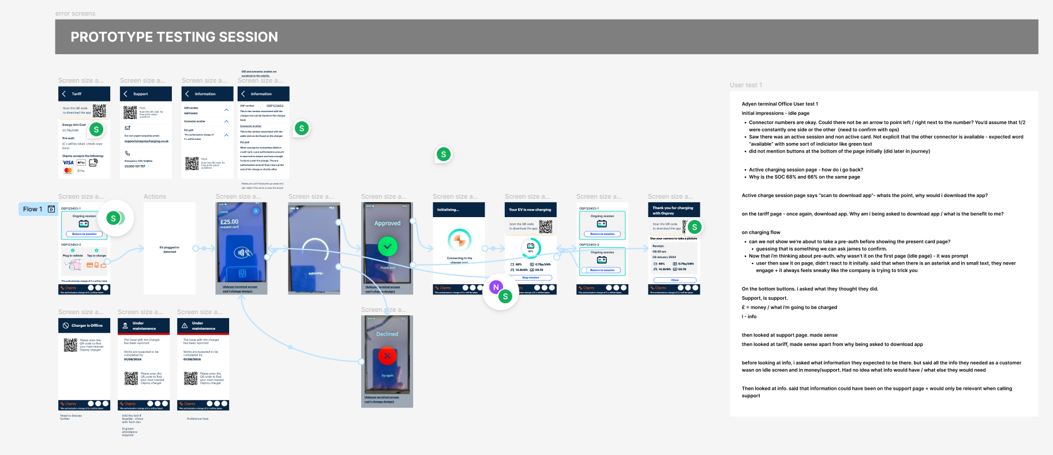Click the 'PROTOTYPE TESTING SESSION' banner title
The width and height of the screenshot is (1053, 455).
(174, 37)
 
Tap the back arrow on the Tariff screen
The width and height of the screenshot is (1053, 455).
(63, 94)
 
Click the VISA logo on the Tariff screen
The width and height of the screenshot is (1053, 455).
(68, 163)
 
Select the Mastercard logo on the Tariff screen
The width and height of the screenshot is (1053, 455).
(68, 170)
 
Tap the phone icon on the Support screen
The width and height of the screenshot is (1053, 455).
(128, 154)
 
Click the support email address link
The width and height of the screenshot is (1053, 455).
(147, 141)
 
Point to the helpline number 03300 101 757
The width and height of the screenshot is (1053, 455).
(135, 166)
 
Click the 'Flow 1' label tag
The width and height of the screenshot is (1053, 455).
(33, 209)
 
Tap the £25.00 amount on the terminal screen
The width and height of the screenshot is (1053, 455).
(229, 222)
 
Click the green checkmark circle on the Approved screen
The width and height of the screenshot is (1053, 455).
(387, 247)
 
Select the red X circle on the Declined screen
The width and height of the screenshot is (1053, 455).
(387, 356)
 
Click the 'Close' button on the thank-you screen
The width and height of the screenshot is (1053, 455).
(674, 280)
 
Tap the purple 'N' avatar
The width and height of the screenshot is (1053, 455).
(496, 287)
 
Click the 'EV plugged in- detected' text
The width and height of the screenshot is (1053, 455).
(170, 249)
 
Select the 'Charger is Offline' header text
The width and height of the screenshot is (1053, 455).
(87, 326)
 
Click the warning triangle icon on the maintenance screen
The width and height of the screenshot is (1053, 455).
(185, 326)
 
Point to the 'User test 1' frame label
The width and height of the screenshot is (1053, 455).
(745, 85)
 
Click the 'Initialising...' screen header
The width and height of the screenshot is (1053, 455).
(448, 210)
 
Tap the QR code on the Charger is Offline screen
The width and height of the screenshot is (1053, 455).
(70, 345)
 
